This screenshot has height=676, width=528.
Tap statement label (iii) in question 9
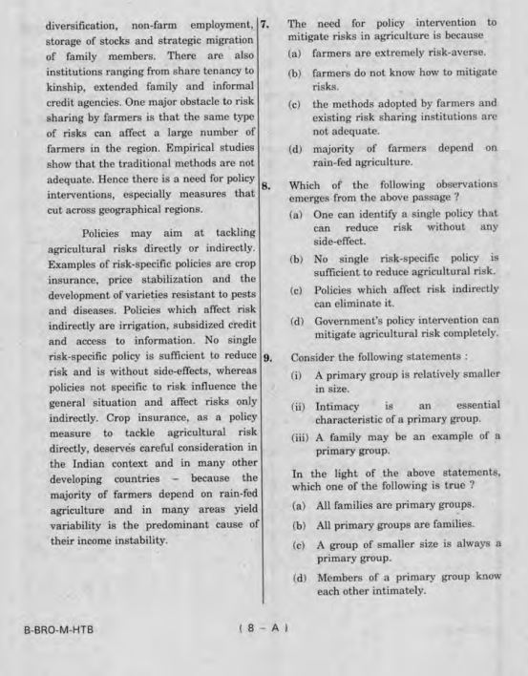point(298,437)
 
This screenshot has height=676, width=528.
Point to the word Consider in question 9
point(311,355)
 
